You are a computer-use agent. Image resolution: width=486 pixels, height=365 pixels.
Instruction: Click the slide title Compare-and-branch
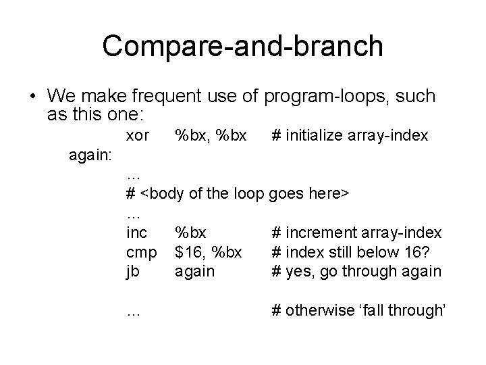(x=242, y=46)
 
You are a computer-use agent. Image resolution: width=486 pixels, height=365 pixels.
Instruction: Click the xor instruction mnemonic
(x=138, y=136)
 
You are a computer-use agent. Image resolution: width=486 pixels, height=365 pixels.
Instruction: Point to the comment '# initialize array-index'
(x=349, y=136)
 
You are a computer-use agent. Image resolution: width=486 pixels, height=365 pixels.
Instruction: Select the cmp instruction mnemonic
(x=141, y=252)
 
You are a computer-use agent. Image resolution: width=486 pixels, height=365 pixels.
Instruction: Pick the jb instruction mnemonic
(x=133, y=272)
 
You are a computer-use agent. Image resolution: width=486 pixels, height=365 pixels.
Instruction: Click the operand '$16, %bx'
(x=209, y=252)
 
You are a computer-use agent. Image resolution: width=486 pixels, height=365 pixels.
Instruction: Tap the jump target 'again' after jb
(x=194, y=272)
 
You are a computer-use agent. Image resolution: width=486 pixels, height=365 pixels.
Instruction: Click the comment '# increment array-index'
(x=356, y=233)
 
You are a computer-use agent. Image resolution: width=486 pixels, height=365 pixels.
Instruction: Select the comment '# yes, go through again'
(x=356, y=272)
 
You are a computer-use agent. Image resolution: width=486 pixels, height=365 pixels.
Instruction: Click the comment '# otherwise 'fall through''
(x=358, y=310)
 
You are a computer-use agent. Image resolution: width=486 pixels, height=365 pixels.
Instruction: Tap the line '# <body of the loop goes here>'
(x=237, y=194)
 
